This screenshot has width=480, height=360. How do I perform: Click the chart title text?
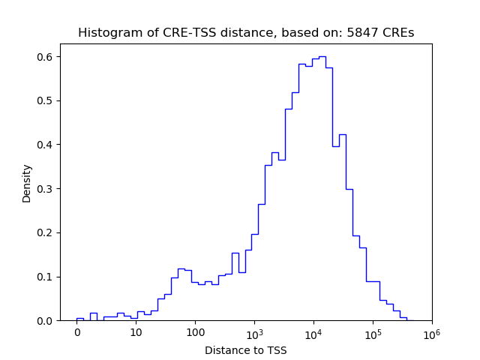point(246,33)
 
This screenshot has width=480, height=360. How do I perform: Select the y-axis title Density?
point(27,183)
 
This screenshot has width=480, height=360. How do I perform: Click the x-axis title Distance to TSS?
point(246,349)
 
